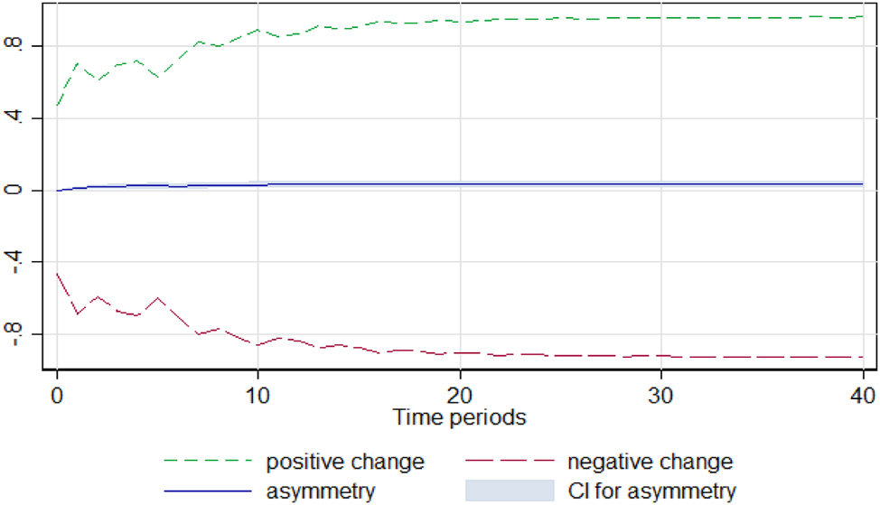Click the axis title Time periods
point(459,417)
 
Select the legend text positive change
point(344,463)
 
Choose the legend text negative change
point(650,463)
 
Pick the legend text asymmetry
point(320,491)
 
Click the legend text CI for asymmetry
point(651,491)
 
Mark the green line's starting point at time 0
point(57,107)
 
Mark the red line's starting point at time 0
point(57,272)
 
